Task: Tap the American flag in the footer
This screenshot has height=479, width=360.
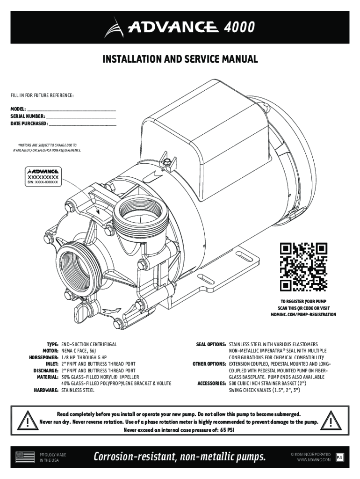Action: point(25,457)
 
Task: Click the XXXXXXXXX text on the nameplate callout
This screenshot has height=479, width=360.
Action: point(43,178)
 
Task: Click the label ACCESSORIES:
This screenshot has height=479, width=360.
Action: point(212,383)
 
